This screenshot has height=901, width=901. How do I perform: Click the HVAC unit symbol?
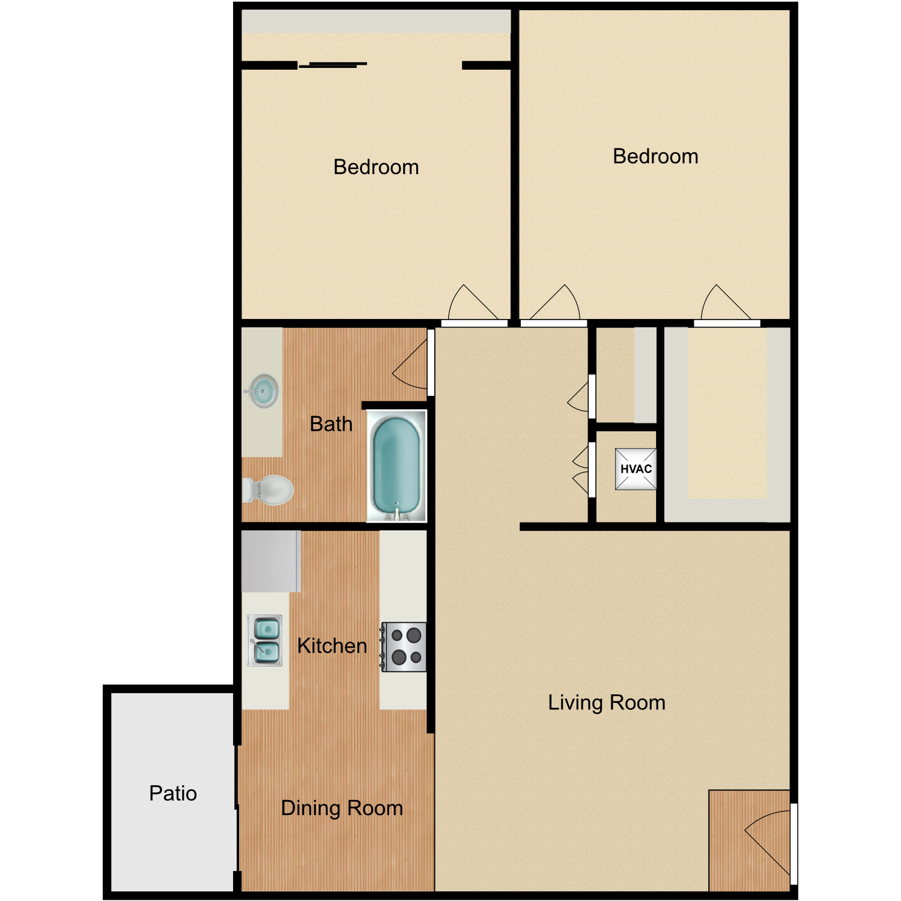(636, 469)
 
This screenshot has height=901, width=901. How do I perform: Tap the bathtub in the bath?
(396, 464)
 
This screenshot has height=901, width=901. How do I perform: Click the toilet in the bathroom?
(268, 490)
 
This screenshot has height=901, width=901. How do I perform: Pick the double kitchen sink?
(265, 640)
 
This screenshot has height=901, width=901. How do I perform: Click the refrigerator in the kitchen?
(271, 561)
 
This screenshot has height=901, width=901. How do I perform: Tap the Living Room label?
(607, 702)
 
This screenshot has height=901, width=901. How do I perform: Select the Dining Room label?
(342, 808)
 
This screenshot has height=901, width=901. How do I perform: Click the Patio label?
(173, 793)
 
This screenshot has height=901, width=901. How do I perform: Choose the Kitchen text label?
(332, 646)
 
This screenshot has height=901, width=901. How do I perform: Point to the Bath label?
(331, 424)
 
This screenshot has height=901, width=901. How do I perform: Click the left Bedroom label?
(376, 167)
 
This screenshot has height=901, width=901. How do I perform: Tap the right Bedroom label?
(655, 156)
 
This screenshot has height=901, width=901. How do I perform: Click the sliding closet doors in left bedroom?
(333, 65)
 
